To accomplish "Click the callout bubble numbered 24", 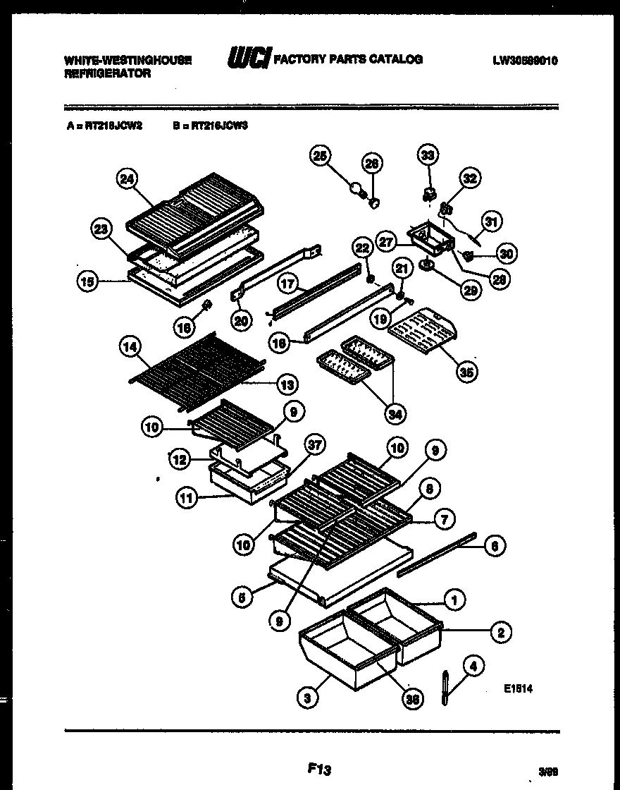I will click(x=126, y=179).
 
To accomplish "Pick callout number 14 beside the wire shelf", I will click(x=131, y=347).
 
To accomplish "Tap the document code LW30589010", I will click(x=526, y=61).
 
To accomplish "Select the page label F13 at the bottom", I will click(x=319, y=768).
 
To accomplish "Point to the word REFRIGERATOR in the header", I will click(x=107, y=73).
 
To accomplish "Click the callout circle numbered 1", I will click(x=455, y=600).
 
